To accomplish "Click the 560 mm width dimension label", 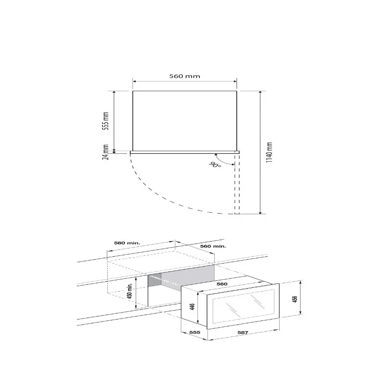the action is [x=185, y=76].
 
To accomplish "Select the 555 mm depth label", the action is [x=106, y=121].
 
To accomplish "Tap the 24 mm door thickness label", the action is [x=106, y=152].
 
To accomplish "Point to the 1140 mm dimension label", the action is [x=269, y=152].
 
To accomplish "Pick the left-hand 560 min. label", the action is [x=127, y=243].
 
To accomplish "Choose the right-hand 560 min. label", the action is [x=213, y=246].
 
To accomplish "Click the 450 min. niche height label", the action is [x=129, y=291].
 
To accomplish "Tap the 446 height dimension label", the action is [x=192, y=307].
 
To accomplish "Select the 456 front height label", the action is [x=295, y=299].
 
